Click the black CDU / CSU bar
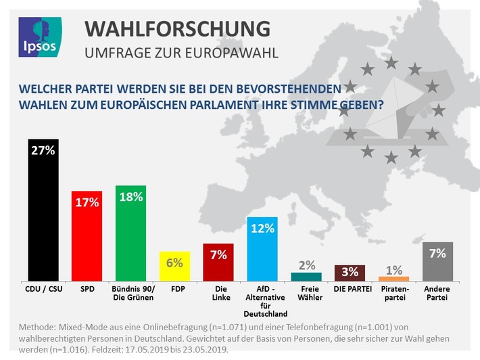point(43,217)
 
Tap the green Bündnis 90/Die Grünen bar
point(130,237)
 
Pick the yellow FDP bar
point(174,269)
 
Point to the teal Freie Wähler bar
point(306,277)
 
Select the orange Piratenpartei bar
point(394,279)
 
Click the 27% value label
point(43,150)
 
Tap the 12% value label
point(262,228)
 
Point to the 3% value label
point(350,272)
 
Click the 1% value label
point(394,269)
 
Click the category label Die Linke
point(218,294)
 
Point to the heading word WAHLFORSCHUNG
point(177,29)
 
